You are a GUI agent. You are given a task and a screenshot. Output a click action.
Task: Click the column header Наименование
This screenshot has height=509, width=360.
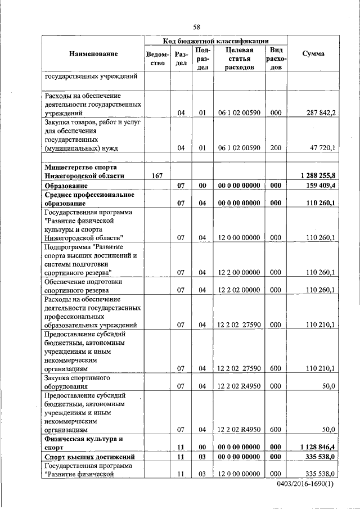click(94, 54)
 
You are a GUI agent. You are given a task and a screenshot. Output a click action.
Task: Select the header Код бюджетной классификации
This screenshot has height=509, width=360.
click(215, 41)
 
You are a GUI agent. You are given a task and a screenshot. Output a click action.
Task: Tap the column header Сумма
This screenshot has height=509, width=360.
click(313, 54)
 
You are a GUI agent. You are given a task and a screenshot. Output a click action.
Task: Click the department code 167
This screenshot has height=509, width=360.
click(157, 176)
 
